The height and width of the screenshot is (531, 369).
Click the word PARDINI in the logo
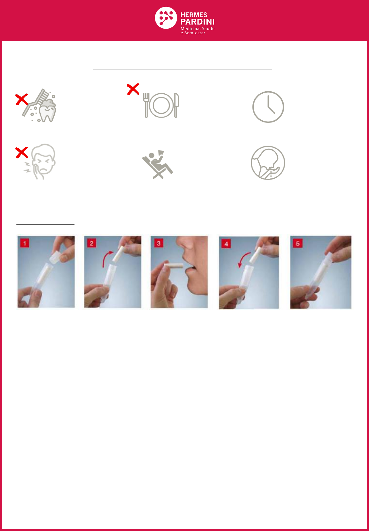pos(197,22)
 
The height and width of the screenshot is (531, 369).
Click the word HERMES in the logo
pos(194,15)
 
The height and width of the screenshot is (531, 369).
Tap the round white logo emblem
pos(166,18)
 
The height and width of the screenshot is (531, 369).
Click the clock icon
pos(268,107)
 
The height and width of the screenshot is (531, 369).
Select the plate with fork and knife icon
pos(161,105)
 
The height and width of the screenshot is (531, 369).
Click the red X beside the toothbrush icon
pos(22,99)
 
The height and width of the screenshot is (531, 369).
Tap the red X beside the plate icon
pos(133,89)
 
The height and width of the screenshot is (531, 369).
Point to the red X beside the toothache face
pos(22,152)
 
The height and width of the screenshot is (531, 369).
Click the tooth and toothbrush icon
pos(39,106)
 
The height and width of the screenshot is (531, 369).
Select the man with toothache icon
pos(40,161)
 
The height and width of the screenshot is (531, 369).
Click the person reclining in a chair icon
pos(158,164)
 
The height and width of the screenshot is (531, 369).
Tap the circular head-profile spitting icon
pos(268,163)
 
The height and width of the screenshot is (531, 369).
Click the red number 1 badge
pos(25,243)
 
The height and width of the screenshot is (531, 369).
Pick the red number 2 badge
pos(92,243)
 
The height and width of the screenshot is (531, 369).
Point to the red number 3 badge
pos(159,243)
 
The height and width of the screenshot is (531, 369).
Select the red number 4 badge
pos(226,244)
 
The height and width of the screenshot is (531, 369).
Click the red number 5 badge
pos(298,243)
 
